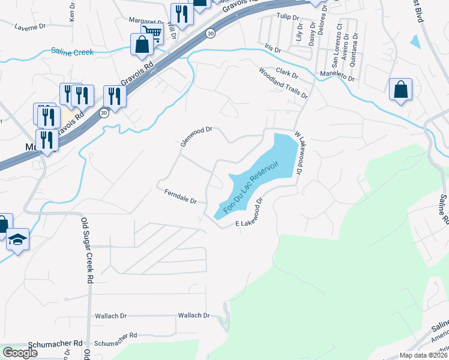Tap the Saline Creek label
(x=72, y=52)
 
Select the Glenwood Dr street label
(x=197, y=136)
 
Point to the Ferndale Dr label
(x=181, y=196)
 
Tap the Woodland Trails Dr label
(x=283, y=83)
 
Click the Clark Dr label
(x=287, y=73)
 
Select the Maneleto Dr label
(x=337, y=76)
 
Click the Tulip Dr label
(x=288, y=17)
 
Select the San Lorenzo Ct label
(x=338, y=44)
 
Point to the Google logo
(x=20, y=353)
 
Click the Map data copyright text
(x=423, y=355)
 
